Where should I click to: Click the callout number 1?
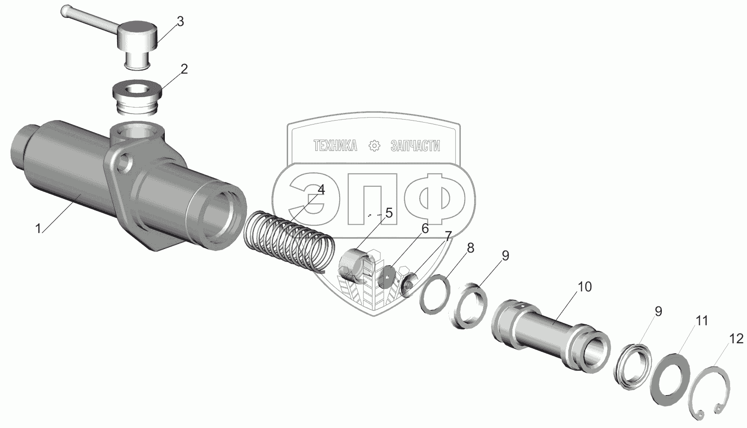pos(38,229)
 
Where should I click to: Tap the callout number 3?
pos(180,22)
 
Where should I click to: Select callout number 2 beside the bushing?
pos(184,69)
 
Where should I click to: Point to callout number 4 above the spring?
pos(321,189)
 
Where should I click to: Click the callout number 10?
pos(585,286)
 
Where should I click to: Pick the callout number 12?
pos(737,339)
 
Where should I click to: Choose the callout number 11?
pos(701,321)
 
